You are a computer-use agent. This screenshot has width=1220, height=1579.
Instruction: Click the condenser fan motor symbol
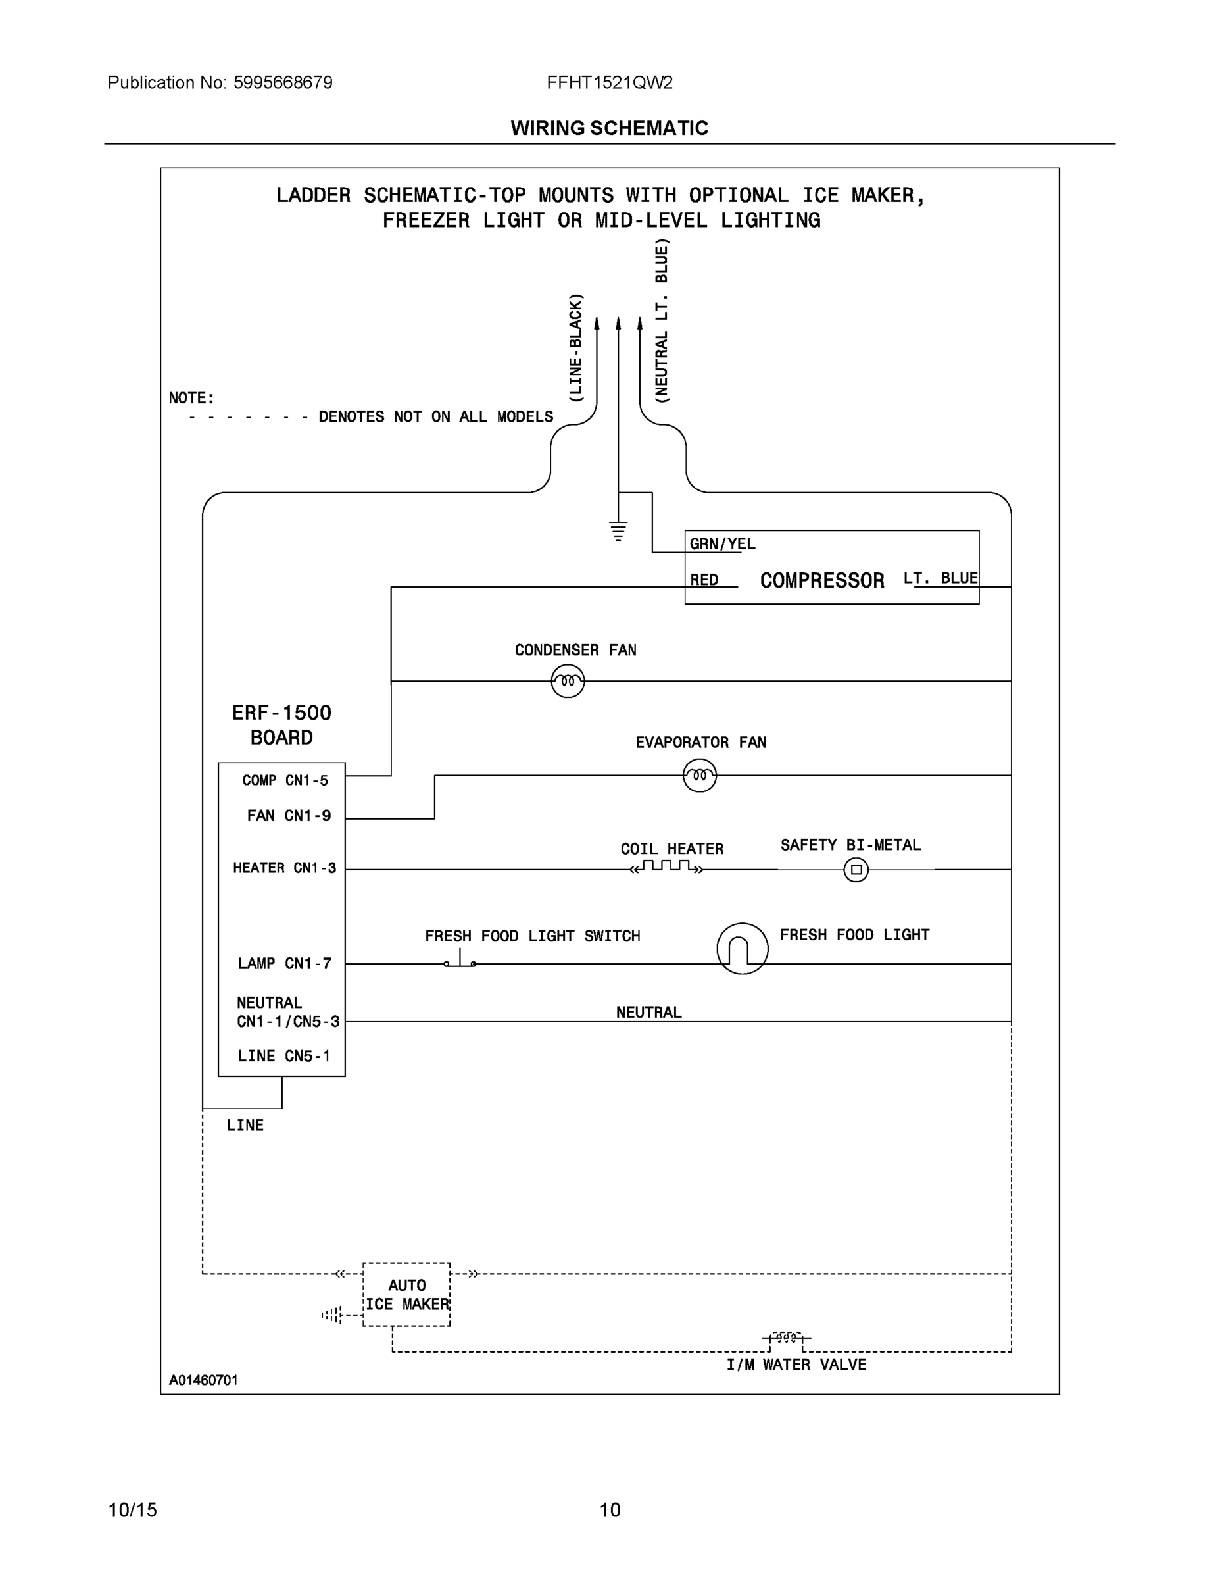coord(568,681)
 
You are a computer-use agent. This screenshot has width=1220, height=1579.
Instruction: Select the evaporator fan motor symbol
coord(699,776)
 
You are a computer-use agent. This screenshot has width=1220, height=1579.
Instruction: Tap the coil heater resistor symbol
coord(666,867)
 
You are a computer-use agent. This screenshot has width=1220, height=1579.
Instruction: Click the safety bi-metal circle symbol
coord(856,870)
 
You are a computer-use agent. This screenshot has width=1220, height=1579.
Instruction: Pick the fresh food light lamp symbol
coord(743,949)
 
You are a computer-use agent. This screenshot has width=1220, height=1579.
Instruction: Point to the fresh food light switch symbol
coord(460,961)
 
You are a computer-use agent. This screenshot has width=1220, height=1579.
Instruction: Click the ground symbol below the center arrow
coord(618,532)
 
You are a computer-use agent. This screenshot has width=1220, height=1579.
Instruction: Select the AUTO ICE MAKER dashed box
coord(406,1295)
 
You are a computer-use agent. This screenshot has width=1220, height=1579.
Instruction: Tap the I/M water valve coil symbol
coord(787,1338)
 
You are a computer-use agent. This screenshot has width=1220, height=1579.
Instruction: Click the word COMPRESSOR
coord(821,580)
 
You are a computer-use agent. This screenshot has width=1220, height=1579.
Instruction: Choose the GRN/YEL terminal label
coord(722,543)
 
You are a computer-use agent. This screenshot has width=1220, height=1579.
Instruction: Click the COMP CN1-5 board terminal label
coord(285,780)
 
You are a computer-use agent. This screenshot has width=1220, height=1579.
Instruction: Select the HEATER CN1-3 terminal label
coord(284,868)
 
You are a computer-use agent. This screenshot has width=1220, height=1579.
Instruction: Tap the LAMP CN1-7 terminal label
coord(285,964)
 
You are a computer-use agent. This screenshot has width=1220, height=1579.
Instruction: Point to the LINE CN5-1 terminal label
coord(284,1056)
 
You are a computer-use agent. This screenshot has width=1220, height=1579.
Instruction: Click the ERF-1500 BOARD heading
coord(282,725)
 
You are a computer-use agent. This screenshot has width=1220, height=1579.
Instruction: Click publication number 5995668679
coord(283,82)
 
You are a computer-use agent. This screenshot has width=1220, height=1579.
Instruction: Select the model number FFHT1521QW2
coord(609,82)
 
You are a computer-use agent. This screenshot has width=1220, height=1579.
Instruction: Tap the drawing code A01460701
coord(203,1380)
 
